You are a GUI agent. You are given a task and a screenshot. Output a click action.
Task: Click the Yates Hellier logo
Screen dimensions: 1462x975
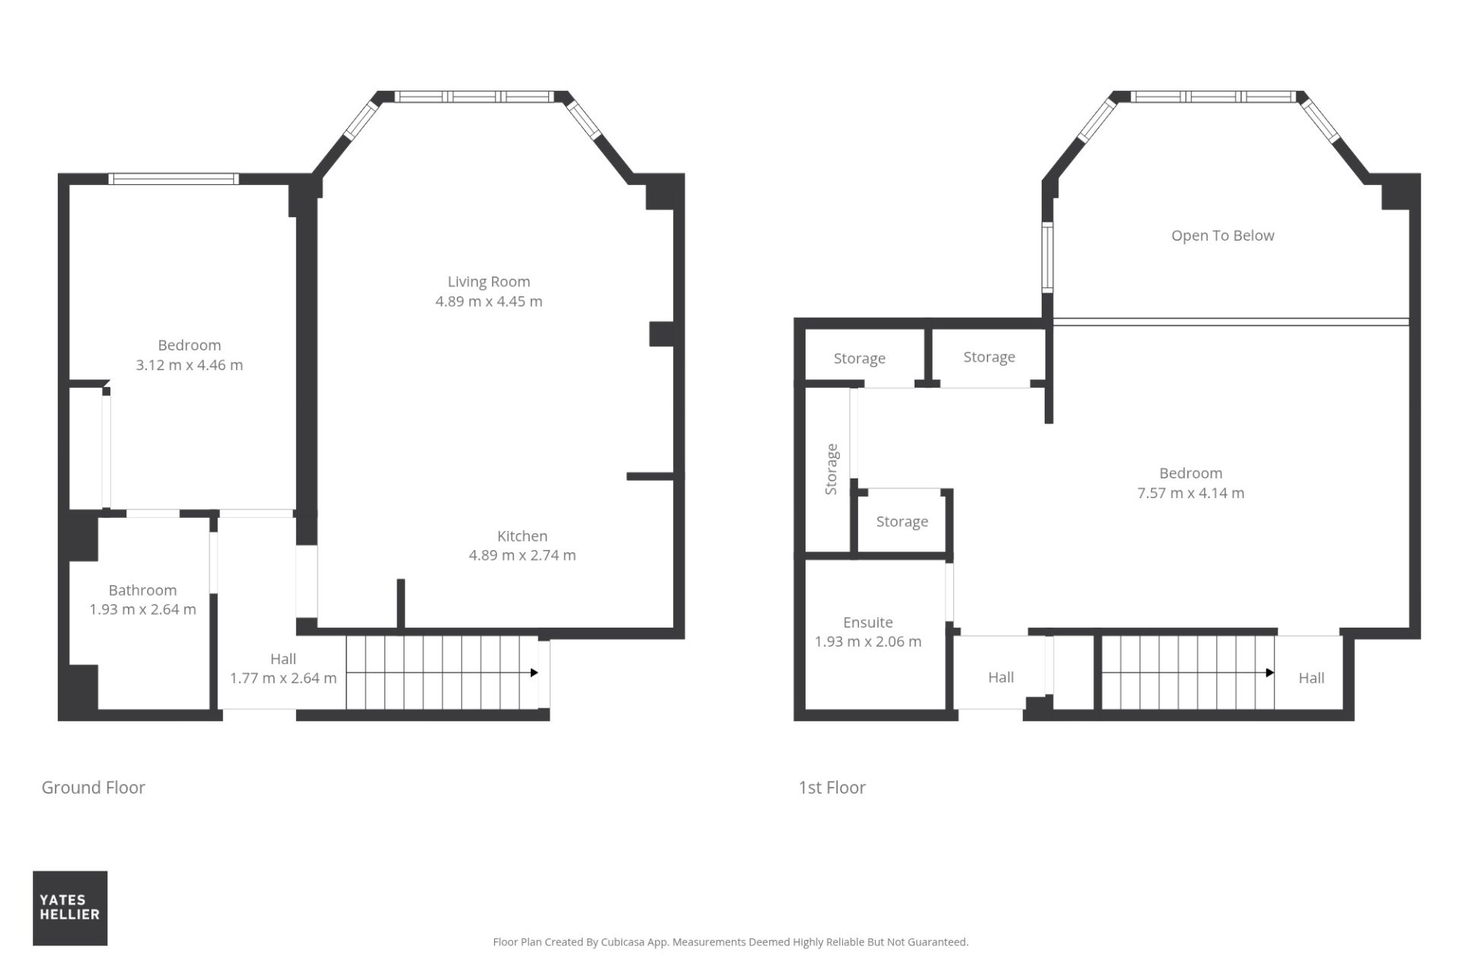tap(70, 908)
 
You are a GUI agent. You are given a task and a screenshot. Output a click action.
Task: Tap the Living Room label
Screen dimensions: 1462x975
tap(489, 282)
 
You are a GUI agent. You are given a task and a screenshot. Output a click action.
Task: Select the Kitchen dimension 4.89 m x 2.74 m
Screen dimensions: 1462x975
tap(522, 555)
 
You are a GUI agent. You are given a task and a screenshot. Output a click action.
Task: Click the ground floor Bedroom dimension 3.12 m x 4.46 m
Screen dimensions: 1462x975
tap(190, 365)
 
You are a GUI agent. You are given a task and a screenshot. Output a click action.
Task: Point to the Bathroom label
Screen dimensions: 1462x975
tap(142, 590)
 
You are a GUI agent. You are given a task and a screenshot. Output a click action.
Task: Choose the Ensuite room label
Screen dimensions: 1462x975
tap(868, 622)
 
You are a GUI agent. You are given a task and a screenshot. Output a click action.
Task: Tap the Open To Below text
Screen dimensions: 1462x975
tap(1223, 236)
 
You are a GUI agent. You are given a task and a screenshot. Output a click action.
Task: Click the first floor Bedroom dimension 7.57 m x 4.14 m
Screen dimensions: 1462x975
tap(1191, 493)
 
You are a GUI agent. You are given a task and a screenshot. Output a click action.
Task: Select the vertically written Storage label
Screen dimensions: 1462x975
tap(832, 469)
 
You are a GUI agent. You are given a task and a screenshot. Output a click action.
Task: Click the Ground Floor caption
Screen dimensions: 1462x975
tap(93, 788)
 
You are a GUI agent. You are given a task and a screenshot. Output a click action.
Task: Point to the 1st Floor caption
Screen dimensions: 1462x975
tap(832, 788)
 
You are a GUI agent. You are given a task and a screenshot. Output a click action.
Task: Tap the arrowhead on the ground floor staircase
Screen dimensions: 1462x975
tap(535, 673)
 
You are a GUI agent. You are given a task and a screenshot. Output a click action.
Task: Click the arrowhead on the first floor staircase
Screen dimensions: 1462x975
tap(1270, 673)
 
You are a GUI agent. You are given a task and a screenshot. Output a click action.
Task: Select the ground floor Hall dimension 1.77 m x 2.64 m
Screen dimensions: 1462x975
tap(283, 678)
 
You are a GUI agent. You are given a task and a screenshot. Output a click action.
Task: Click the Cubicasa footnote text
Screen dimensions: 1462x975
tap(731, 942)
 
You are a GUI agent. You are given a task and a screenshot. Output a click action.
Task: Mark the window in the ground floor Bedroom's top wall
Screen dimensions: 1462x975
tap(174, 179)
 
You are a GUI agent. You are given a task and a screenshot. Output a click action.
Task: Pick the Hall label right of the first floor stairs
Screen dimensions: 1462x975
tap(1311, 678)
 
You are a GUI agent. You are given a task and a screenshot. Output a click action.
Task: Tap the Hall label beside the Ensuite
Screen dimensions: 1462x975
tap(1001, 677)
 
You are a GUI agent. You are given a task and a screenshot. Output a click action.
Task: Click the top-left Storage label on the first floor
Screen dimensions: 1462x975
tap(860, 359)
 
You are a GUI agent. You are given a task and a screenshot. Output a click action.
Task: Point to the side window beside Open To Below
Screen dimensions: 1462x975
tap(1048, 258)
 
